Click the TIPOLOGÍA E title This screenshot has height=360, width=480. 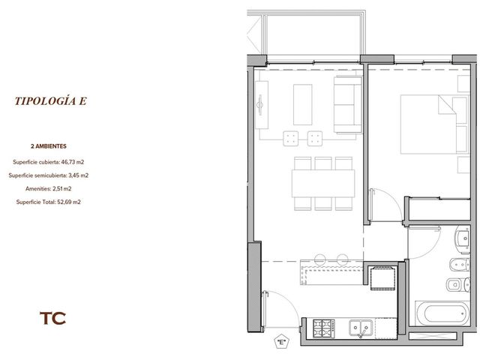(51, 101)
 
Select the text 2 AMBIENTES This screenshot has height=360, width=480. (48, 146)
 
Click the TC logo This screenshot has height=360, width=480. (52, 318)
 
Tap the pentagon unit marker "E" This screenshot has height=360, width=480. (281, 342)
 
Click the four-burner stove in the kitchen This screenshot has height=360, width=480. (323, 328)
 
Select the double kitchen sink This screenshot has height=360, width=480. (361, 328)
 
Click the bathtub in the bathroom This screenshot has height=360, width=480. (442, 313)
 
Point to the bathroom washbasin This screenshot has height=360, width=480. (463, 238)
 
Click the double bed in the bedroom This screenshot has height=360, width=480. (434, 124)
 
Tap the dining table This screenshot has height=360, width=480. (323, 183)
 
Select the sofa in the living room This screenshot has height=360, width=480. (348, 104)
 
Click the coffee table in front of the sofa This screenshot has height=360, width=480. (303, 105)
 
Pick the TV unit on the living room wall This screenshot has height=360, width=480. (262, 105)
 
